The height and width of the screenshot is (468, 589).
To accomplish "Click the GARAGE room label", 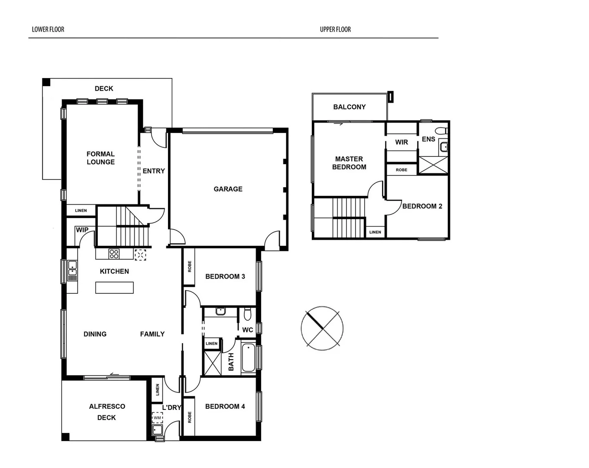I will (x=228, y=189).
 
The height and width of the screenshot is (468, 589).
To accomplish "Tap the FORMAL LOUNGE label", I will (x=100, y=158).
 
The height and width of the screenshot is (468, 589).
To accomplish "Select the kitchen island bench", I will (x=114, y=288).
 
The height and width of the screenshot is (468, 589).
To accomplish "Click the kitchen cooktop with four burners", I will (x=114, y=254).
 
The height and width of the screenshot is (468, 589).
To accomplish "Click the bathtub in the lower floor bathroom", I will (x=248, y=357).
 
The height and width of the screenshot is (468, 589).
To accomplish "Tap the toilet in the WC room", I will (x=248, y=313).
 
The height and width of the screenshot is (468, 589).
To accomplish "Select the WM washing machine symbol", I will (x=157, y=418).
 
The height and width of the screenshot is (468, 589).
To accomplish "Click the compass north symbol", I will (x=322, y=327).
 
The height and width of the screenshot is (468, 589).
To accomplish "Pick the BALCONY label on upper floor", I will (x=349, y=107).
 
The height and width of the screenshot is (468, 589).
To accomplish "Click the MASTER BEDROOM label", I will (x=349, y=163).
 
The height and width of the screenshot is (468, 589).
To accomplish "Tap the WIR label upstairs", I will (x=401, y=142).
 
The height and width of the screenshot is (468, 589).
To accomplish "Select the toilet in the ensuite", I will (x=441, y=131).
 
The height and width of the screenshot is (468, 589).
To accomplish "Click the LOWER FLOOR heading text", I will (x=48, y=29).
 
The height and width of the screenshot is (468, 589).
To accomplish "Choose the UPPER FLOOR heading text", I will (x=335, y=29).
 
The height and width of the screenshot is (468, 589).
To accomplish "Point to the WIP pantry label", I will (x=82, y=230).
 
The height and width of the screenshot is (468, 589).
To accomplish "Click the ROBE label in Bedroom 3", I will (x=190, y=266).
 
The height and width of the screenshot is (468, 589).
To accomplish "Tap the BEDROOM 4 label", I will (x=225, y=406).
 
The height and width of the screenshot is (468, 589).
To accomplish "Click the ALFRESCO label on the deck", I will (x=107, y=406).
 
